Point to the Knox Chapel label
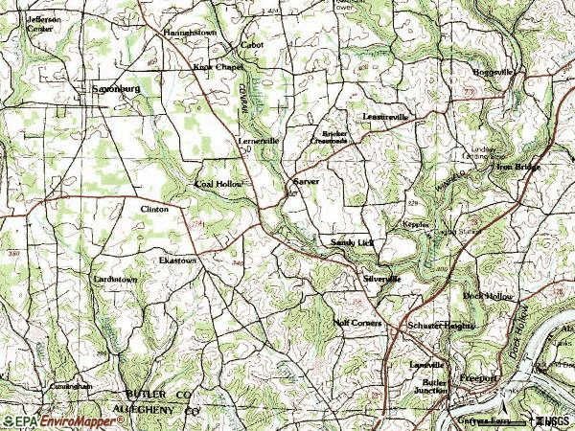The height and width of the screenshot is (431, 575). tap(219, 68)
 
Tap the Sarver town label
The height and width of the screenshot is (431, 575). tap(306, 181)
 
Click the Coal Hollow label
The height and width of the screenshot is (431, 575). tap(218, 183)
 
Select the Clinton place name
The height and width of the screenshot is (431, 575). tap(154, 209)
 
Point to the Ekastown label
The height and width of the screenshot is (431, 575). tap(178, 260)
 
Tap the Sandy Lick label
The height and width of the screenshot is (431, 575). tap(350, 243)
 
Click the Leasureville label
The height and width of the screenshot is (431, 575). tap(385, 116)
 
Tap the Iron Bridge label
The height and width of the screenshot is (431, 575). tap(518, 167)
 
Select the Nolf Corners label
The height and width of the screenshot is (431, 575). tap(357, 324)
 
